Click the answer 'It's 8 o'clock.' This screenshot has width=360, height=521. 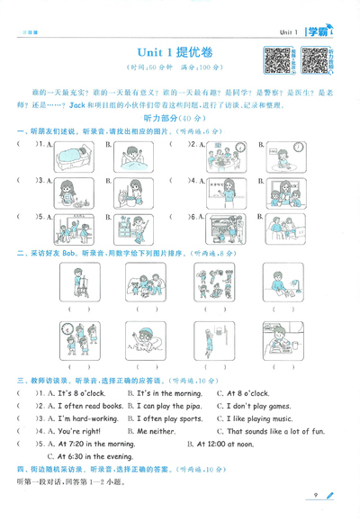[82, 393]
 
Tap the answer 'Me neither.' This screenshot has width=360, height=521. [155, 431]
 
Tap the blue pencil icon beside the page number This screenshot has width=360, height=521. [329, 495]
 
